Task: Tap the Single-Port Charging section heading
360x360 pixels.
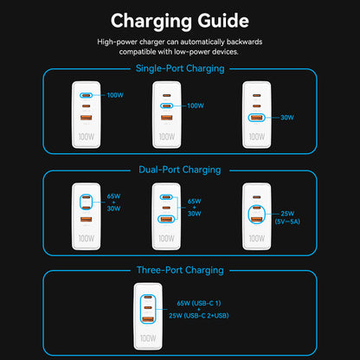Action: point(179,68)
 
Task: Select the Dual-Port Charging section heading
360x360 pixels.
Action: point(179,170)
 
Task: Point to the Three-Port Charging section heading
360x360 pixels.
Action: point(179,270)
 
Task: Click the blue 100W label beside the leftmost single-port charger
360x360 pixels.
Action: point(114,94)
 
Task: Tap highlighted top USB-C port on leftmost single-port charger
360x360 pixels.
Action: point(87,95)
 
